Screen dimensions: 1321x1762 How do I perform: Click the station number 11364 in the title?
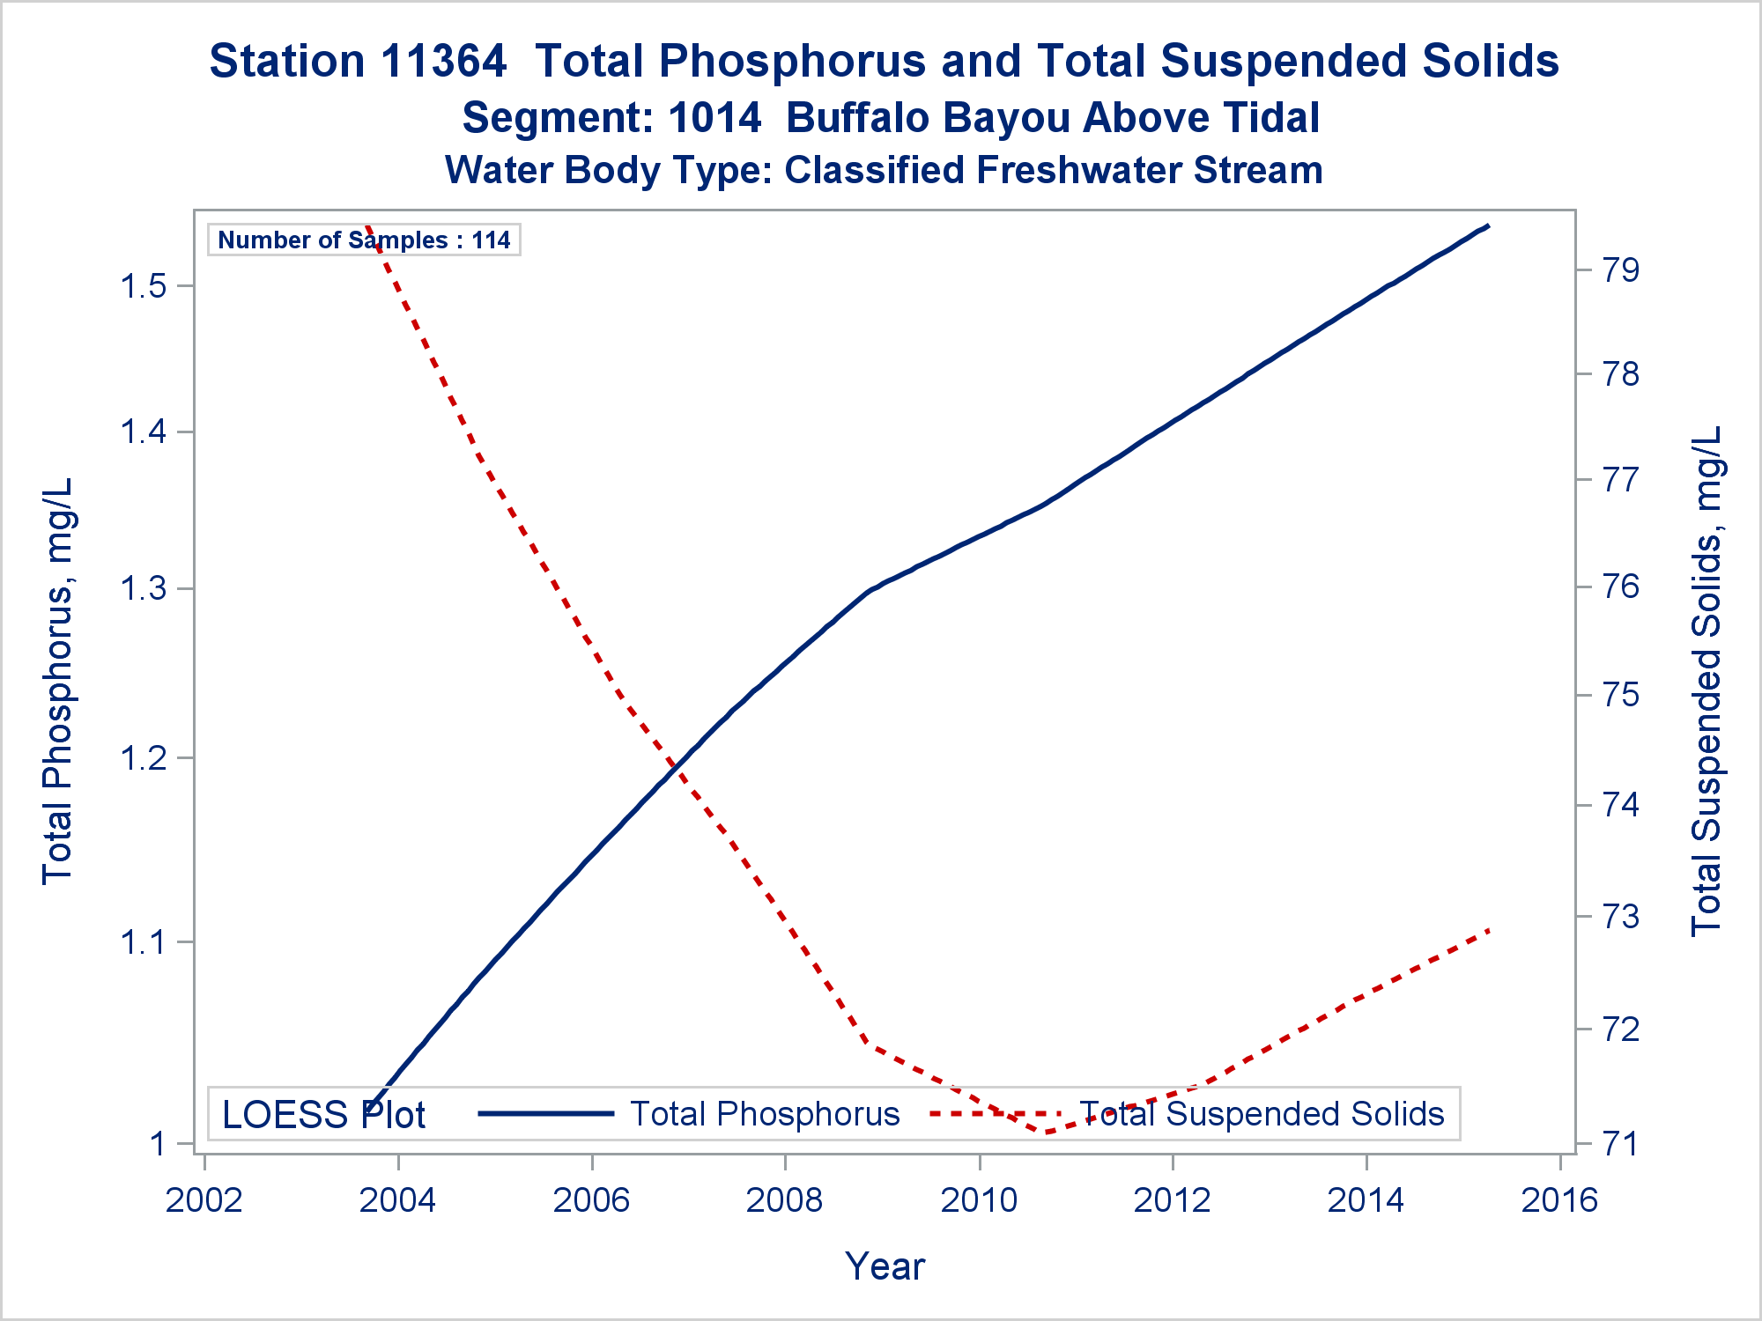[x=444, y=62]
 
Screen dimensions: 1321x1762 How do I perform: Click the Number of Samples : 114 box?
[x=364, y=240]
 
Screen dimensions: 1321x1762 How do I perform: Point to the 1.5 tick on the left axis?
[x=144, y=286]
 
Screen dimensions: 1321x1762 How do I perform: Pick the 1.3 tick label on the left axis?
[x=144, y=588]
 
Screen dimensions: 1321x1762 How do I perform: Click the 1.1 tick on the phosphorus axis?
[x=144, y=942]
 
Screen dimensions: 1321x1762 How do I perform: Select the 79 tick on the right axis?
[x=1621, y=269]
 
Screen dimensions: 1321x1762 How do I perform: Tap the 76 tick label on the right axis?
[x=1621, y=587]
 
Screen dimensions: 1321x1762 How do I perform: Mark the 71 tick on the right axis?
[x=1621, y=1144]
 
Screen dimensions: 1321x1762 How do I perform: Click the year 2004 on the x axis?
[x=397, y=1199]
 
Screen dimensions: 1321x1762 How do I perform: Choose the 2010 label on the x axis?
[x=979, y=1199]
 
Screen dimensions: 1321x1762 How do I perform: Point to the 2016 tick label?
[x=1559, y=1199]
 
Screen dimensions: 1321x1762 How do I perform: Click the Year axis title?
[x=885, y=1266]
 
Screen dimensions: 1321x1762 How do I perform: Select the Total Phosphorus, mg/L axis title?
[x=58, y=681]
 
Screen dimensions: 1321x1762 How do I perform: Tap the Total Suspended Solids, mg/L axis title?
[x=1706, y=681]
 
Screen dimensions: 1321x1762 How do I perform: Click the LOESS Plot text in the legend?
[x=323, y=1115]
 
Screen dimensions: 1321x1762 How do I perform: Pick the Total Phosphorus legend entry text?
[x=765, y=1114]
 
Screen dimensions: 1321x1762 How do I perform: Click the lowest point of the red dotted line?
[x=1047, y=1132]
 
